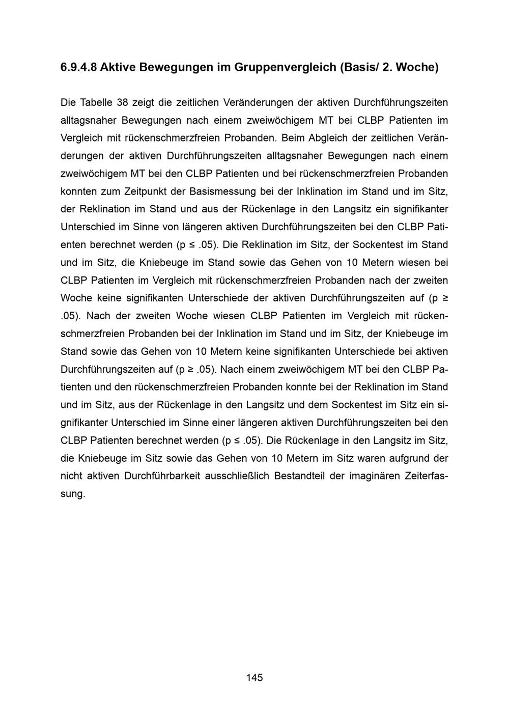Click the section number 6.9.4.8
pyautogui.click(x=78, y=67)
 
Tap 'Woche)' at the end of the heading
pyautogui.click(x=417, y=67)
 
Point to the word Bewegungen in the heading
pyautogui.click(x=177, y=67)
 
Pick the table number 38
pyautogui.click(x=122, y=102)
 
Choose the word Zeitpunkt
pyautogui.click(x=144, y=191)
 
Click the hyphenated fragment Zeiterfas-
pyautogui.click(x=427, y=476)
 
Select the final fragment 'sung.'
pyautogui.click(x=73, y=494)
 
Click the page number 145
pyautogui.click(x=254, y=677)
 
